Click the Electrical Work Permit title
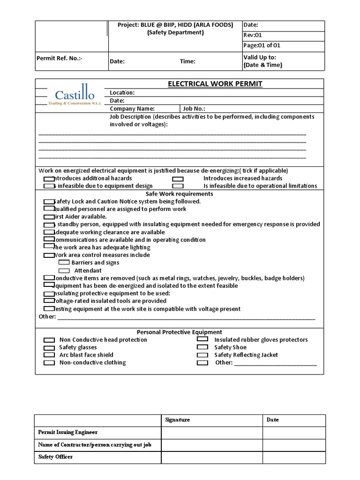(215, 84)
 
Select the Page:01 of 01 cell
(262, 45)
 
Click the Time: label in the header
(187, 61)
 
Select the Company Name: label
(132, 108)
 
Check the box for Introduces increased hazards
(178, 179)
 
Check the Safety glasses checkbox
(49, 348)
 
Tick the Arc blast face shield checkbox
(49, 355)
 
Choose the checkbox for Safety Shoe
(202, 347)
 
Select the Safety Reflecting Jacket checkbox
(202, 355)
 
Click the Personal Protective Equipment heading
(180, 332)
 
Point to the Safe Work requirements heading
(180, 194)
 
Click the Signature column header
(178, 420)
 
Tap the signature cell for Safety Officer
(212, 457)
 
